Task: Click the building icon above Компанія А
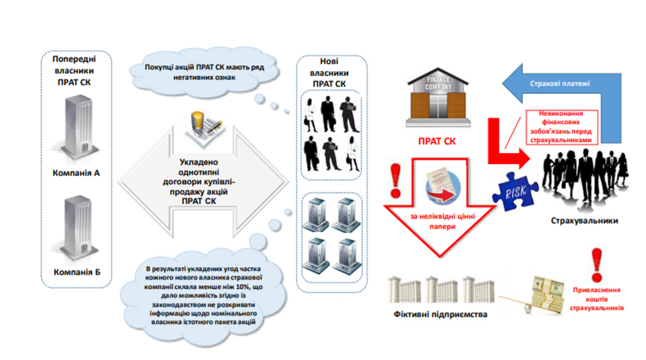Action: [77, 129]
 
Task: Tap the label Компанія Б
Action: [77, 272]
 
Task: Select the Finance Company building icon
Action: [438, 97]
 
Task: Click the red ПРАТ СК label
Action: [437, 141]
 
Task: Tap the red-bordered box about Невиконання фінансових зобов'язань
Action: [561, 127]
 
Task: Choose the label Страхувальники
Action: [584, 221]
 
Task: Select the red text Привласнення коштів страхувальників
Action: [597, 299]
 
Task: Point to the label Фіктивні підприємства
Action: [440, 314]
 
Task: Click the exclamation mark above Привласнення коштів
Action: [596, 265]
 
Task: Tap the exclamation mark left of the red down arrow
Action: [396, 181]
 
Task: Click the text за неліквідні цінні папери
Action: [442, 221]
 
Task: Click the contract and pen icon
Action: [205, 129]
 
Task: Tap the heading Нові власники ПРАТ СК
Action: [328, 72]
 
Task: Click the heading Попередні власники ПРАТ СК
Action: [74, 71]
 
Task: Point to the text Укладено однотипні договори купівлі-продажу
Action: [199, 182]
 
